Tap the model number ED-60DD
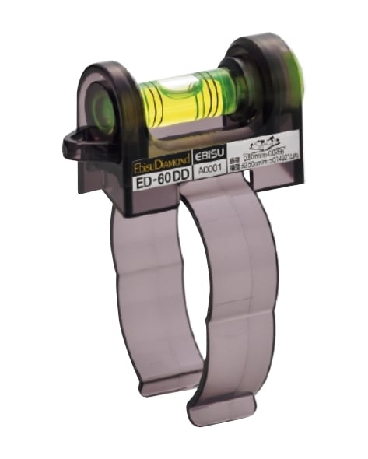159,180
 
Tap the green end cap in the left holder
102,111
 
